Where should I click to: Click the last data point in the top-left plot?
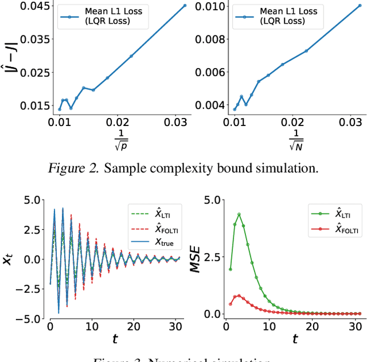185,6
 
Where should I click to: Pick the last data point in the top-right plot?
359,6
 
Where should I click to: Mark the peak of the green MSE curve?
239,214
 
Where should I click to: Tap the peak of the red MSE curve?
239,296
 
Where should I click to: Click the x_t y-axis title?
10,259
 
